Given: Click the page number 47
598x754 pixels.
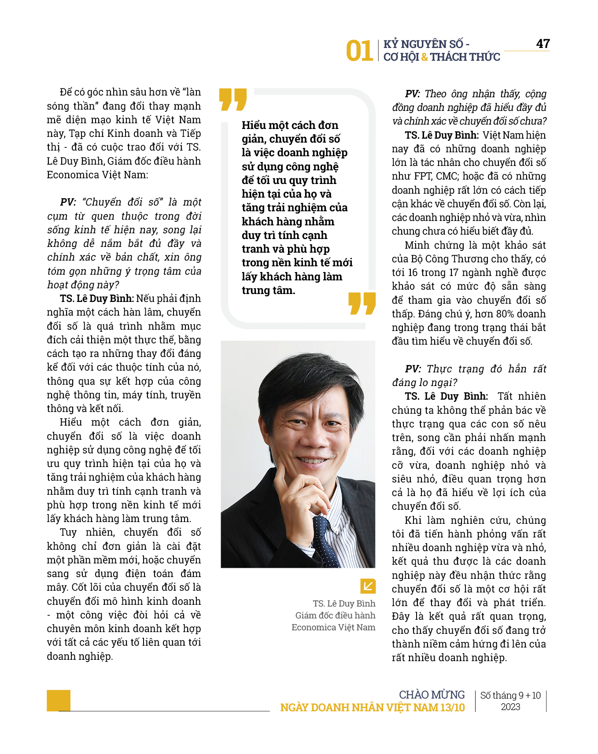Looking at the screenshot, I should pyautogui.click(x=543, y=44).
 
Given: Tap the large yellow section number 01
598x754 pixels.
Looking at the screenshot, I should pyautogui.click(x=359, y=51).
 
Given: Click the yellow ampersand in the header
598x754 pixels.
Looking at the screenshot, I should pyautogui.click(x=425, y=57).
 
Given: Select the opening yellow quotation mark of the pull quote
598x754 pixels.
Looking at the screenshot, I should pyautogui.click(x=233, y=99).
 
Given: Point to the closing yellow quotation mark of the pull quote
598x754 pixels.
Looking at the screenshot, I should pyautogui.click(x=362, y=303).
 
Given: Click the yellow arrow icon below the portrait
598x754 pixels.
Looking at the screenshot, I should pyautogui.click(x=368, y=586).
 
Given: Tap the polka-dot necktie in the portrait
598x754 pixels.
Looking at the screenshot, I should pyautogui.click(x=325, y=541).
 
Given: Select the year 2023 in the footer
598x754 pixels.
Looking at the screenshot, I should pyautogui.click(x=510, y=707).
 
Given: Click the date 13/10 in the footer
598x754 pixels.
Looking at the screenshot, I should pyautogui.click(x=452, y=707).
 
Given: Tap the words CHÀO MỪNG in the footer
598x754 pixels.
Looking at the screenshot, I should pyautogui.click(x=432, y=695).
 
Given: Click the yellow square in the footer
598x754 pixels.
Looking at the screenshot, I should pyautogui.click(x=59, y=700).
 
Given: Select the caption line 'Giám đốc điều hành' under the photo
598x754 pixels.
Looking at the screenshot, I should pyautogui.click(x=335, y=615).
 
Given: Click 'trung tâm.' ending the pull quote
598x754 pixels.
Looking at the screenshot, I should pyautogui.click(x=268, y=291).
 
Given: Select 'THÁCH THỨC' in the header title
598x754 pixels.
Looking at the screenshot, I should pyautogui.click(x=465, y=57).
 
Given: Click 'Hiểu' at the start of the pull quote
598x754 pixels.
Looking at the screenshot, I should pyautogui.click(x=253, y=125).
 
